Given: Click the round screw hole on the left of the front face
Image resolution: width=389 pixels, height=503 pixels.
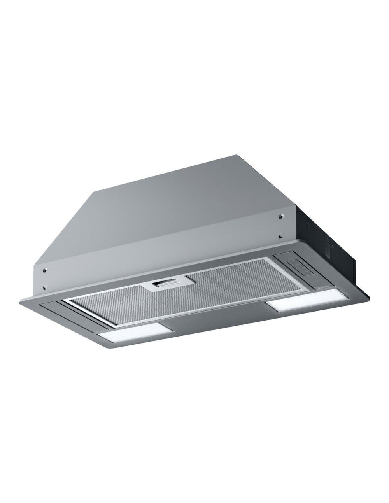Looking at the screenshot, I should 45,269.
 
